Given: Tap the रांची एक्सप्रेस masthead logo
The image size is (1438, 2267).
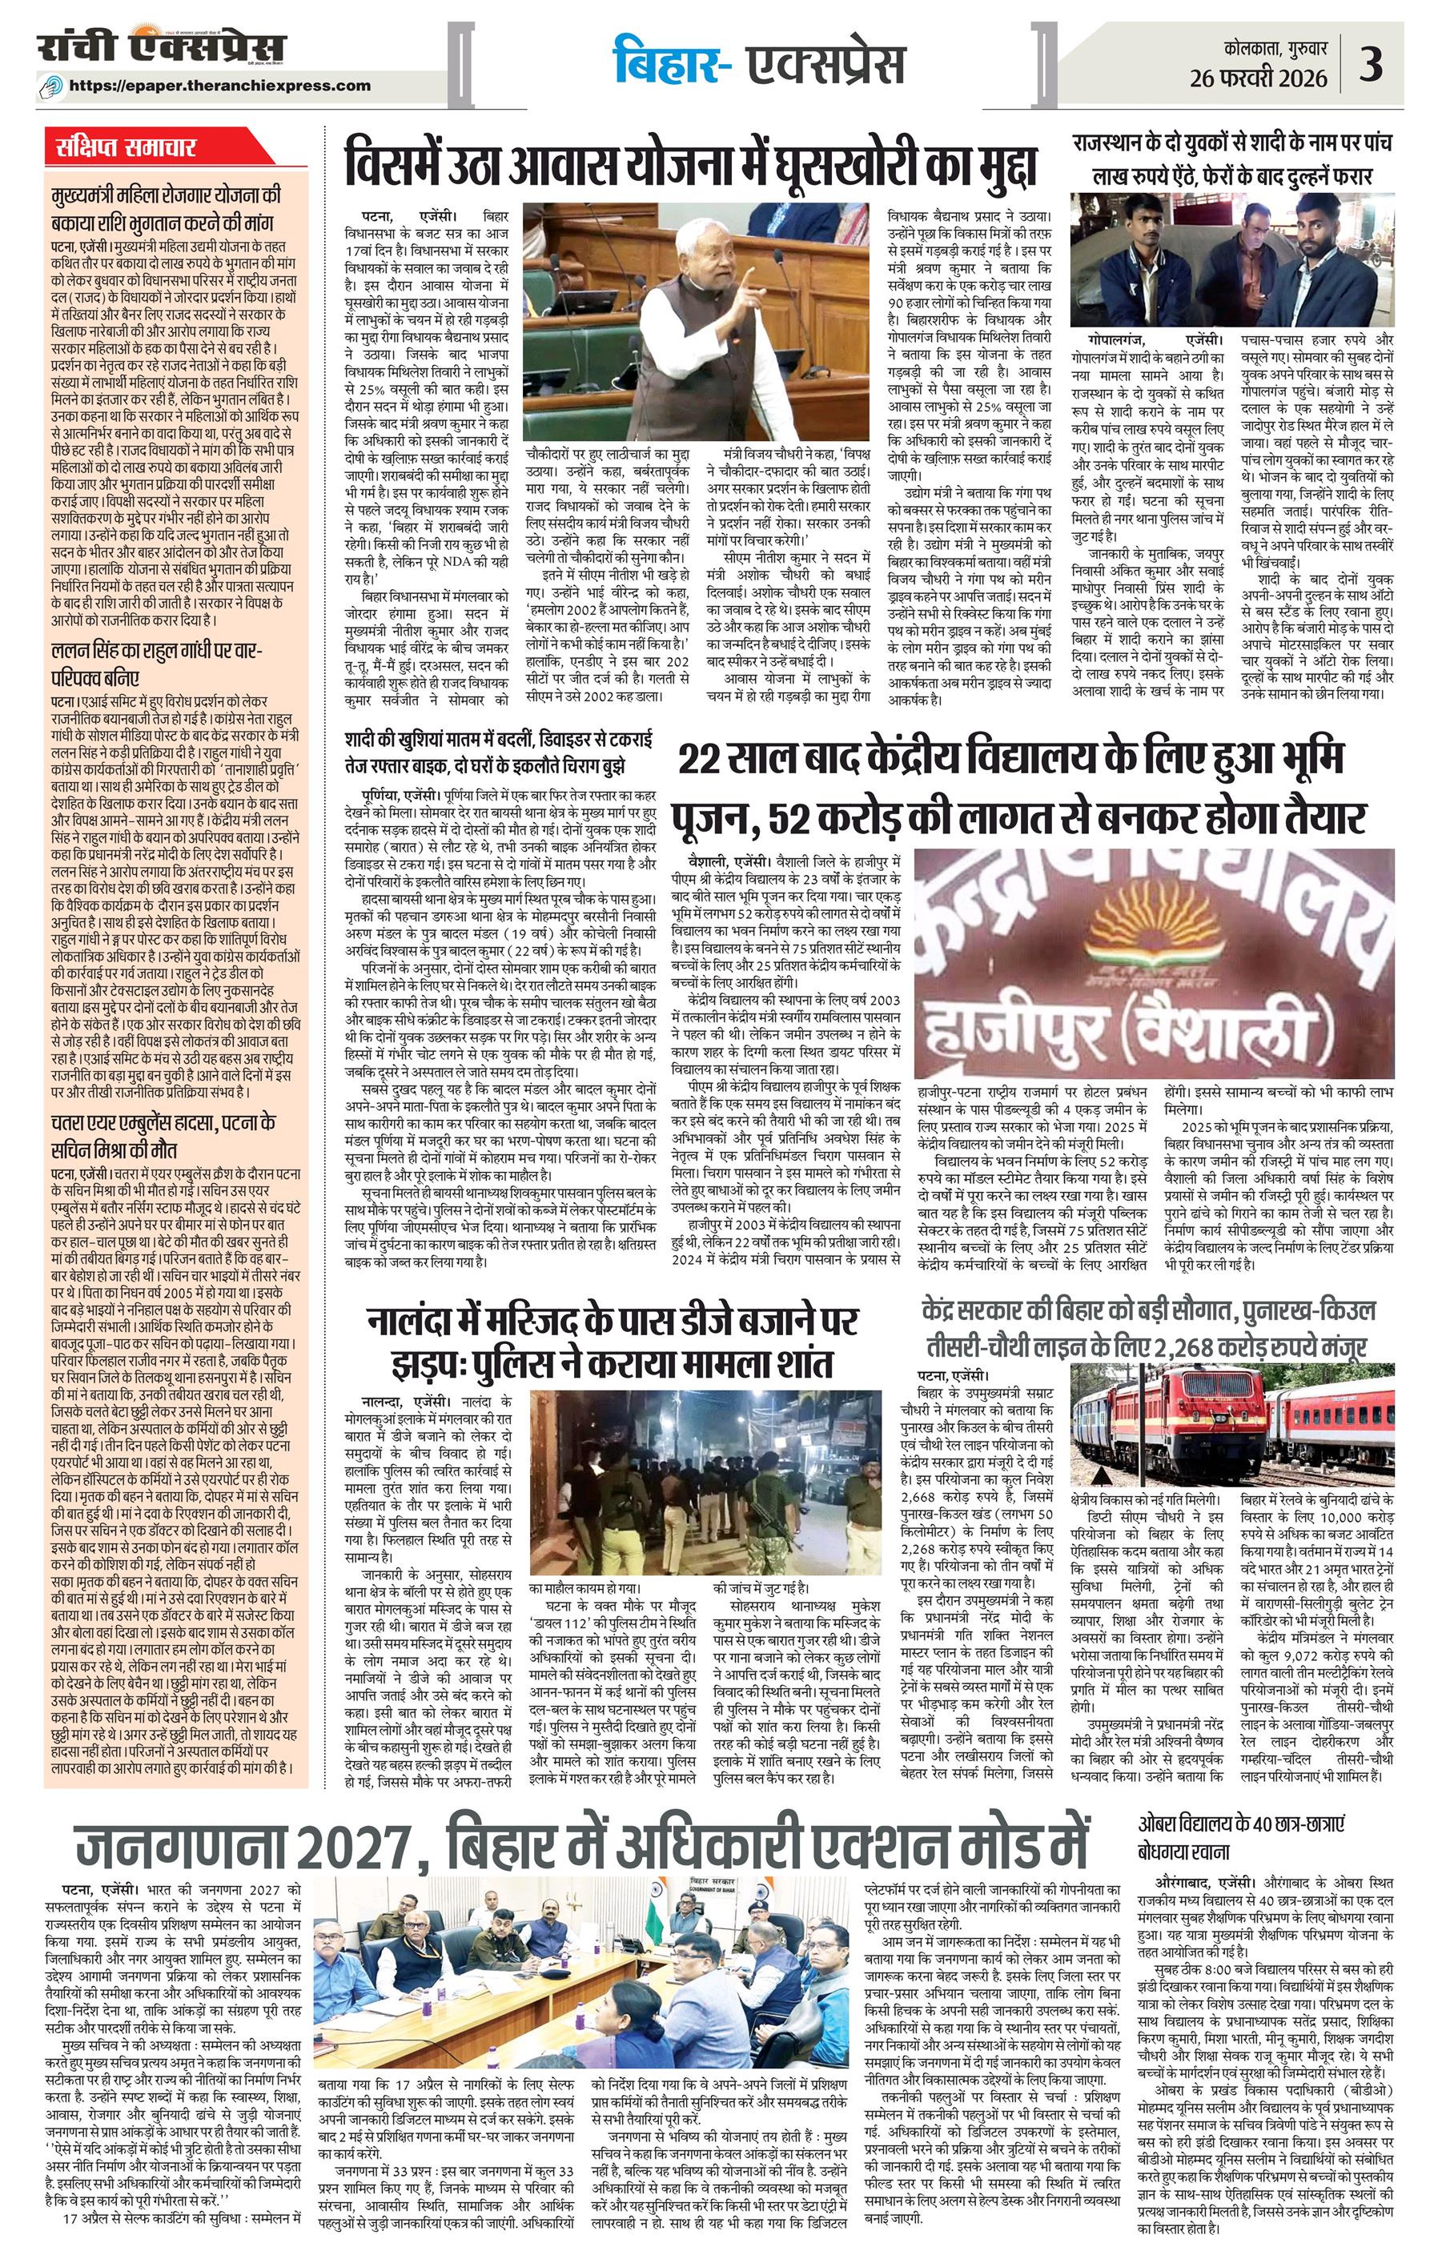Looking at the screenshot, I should pyautogui.click(x=162, y=47).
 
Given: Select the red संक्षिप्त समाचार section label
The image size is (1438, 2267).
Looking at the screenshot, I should pyautogui.click(x=125, y=149).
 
